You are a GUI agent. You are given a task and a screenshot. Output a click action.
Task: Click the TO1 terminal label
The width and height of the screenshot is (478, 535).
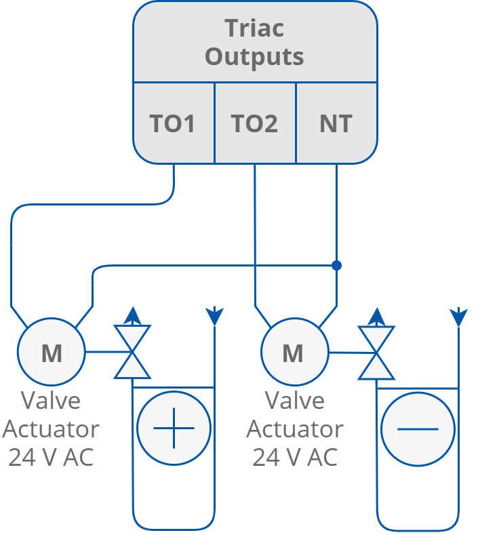coord(173,124)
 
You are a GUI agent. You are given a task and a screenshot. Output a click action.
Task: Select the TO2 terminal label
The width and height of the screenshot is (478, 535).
coord(255,124)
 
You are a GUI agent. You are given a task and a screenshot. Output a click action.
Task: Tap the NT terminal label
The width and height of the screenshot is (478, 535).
coord(336,124)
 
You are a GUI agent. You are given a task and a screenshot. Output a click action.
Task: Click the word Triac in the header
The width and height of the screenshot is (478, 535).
coord(254,28)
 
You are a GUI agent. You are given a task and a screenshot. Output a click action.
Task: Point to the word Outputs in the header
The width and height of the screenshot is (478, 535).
coord(254,57)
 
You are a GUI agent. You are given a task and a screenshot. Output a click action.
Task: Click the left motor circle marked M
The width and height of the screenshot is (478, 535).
coord(52,353)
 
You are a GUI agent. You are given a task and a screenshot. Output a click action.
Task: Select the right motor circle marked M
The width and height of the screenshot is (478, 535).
coord(294,353)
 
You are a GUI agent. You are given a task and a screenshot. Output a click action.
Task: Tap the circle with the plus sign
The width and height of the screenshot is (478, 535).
coord(174,429)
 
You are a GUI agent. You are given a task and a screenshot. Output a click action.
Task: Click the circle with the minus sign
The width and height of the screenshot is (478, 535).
coord(417,429)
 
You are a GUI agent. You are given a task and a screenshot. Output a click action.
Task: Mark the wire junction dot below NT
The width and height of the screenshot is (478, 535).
coord(336,265)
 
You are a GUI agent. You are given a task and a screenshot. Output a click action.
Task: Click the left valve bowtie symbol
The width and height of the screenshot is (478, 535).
coord(132,352)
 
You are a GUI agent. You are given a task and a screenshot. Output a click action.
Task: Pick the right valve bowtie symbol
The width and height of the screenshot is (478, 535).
coord(376,352)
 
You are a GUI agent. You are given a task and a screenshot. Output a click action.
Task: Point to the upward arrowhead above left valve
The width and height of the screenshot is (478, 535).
coord(132,315)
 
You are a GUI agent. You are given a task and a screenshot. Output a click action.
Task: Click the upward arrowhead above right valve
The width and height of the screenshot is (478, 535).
coord(376,315)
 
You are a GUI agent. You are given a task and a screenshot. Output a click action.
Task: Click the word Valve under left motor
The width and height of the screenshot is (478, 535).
coord(51,401)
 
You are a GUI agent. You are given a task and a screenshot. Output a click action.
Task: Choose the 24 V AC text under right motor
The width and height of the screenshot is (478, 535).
coord(294,458)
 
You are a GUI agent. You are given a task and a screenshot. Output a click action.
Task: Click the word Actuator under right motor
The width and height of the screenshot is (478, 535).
coord(294,429)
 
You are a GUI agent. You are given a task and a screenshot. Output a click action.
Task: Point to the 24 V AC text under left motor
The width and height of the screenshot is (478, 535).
coord(51,458)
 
